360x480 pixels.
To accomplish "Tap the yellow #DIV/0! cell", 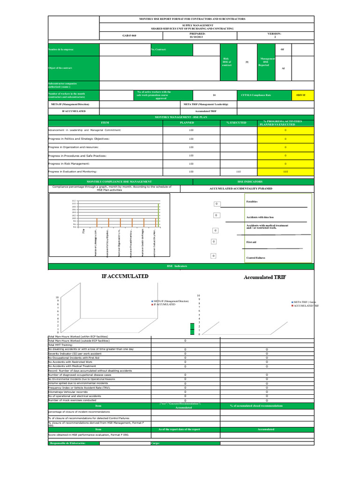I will click(x=301, y=95).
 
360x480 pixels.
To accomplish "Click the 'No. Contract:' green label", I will click(x=158, y=49).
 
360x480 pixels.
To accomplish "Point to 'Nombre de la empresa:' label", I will click(x=61, y=49).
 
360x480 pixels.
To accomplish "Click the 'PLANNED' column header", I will click(x=191, y=123).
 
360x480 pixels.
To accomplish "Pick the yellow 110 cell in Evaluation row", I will click(x=285, y=172).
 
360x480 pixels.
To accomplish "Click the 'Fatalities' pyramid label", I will click(x=252, y=201).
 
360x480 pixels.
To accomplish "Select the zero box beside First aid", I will click(x=213, y=241).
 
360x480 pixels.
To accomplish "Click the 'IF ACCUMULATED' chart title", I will click(x=125, y=277).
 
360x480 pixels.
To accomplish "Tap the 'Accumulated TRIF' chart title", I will click(x=265, y=277).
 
